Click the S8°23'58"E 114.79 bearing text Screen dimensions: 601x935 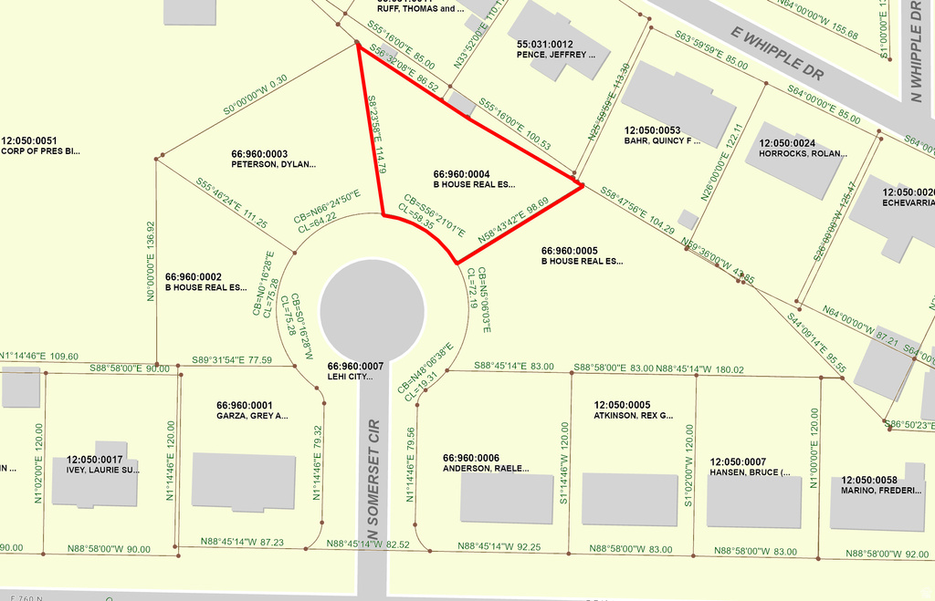click(376, 135)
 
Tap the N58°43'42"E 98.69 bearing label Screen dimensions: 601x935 click(513, 220)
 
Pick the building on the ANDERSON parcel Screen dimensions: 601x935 click(507, 498)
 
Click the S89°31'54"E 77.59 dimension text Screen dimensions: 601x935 click(232, 360)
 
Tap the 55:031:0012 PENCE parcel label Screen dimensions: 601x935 click(558, 49)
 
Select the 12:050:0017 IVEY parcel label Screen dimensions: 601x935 click(102, 465)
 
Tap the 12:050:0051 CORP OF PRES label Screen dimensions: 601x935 click(40, 146)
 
